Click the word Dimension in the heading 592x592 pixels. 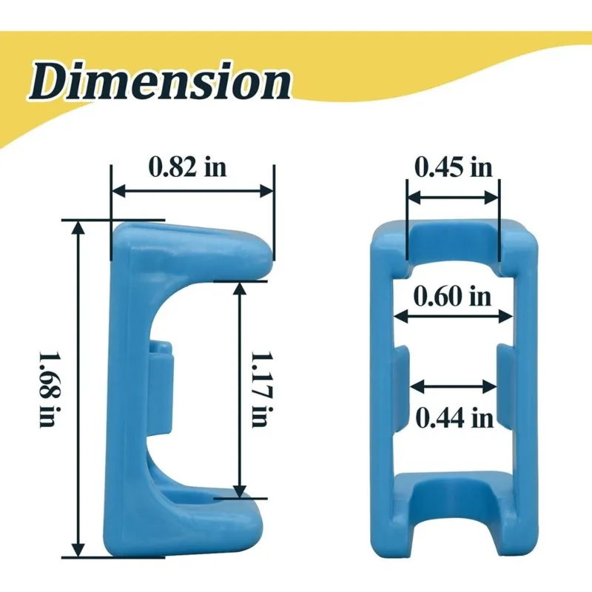160,81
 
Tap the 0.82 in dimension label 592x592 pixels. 187,166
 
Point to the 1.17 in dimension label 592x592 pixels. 262,389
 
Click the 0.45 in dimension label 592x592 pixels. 454,167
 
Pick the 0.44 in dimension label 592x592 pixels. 454,418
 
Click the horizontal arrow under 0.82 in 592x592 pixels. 192,191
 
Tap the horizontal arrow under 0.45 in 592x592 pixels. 453,198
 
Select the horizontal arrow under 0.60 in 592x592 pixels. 453,316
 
